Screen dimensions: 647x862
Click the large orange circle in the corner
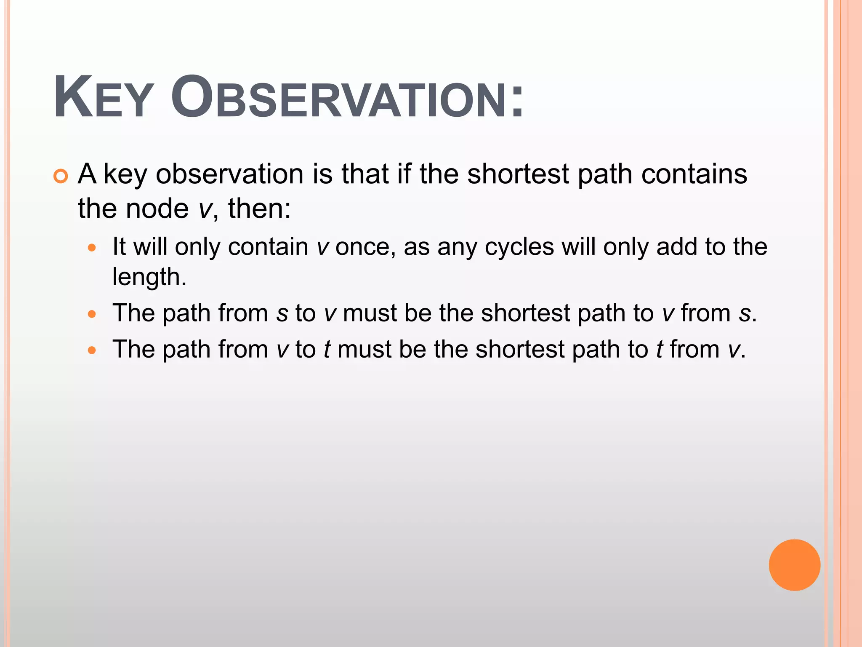(x=794, y=565)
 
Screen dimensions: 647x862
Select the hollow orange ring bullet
(x=61, y=176)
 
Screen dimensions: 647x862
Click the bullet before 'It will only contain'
(x=92, y=248)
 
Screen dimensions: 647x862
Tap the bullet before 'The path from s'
(x=92, y=314)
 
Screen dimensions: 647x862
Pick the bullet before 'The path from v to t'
(x=92, y=350)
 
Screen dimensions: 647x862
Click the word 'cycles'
(x=519, y=247)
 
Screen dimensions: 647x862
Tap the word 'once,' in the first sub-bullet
(x=365, y=247)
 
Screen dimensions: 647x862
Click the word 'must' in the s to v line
(x=370, y=313)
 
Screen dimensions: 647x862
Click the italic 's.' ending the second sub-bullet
(x=748, y=314)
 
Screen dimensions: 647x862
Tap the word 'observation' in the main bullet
(x=229, y=174)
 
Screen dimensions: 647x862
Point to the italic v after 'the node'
(x=205, y=209)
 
